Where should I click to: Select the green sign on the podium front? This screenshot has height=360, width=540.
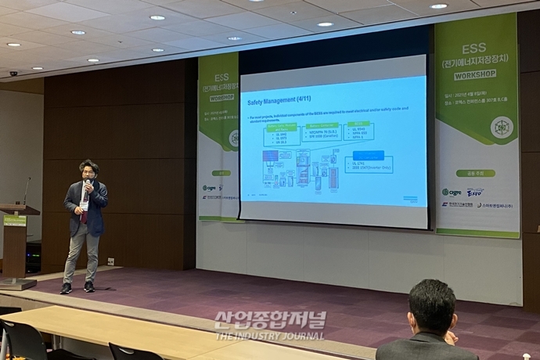coord(15,221)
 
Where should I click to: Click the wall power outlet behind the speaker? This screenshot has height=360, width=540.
coord(110,261)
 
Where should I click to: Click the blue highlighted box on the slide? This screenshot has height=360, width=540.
coord(368,156)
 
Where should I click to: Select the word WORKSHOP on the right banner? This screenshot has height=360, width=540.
coord(476,74)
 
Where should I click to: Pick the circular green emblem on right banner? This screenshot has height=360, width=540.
coord(501,127)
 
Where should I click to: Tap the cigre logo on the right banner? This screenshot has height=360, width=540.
coord(451,192)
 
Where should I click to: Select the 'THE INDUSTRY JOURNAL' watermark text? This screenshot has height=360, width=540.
coord(270,337)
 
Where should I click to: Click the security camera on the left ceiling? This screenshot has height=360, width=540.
coord(13,73)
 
